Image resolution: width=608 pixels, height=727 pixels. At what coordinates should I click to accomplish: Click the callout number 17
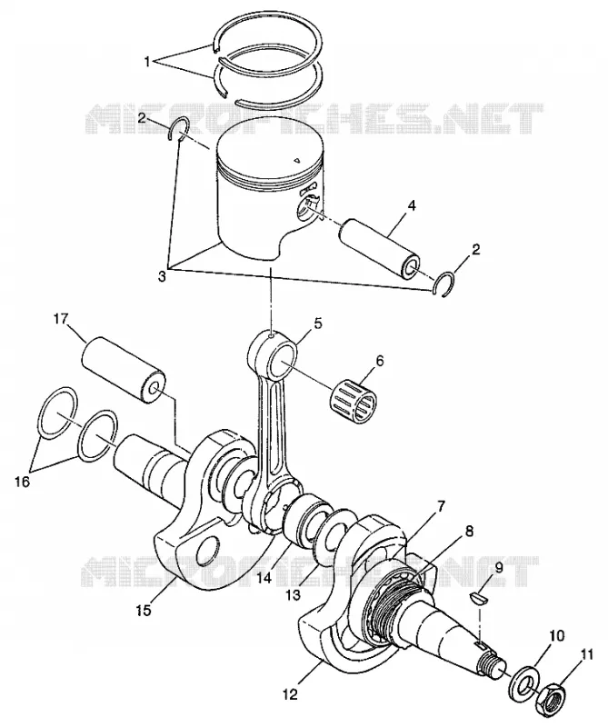(x=61, y=319)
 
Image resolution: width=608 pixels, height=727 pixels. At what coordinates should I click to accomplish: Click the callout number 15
(x=145, y=611)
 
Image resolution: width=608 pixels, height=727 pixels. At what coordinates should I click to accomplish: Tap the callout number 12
(x=291, y=694)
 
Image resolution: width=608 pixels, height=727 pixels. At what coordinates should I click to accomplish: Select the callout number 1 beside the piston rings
(x=147, y=61)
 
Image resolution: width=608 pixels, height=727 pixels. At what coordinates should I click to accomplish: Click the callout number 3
(x=162, y=277)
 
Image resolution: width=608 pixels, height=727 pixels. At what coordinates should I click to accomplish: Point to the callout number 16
(x=22, y=482)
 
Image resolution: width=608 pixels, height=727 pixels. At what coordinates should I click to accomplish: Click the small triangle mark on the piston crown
(x=296, y=161)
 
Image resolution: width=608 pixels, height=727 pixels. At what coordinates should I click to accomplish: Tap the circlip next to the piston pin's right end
(x=443, y=283)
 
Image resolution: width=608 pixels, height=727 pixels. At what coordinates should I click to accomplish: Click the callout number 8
(x=469, y=532)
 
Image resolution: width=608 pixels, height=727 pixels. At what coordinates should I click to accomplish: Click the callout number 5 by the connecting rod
(x=317, y=324)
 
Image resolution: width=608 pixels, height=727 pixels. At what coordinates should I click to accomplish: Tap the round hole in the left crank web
(x=207, y=552)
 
